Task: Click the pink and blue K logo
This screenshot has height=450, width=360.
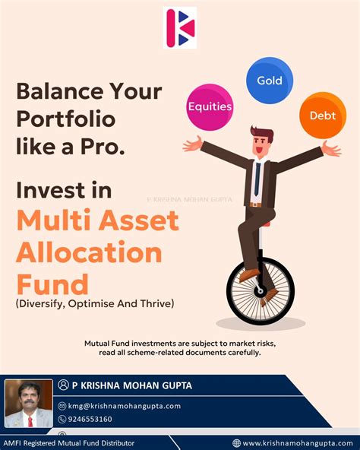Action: pyautogui.click(x=179, y=27)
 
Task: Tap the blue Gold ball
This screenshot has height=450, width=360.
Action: pyautogui.click(x=269, y=80)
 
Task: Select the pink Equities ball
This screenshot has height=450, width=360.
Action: pyautogui.click(x=210, y=106)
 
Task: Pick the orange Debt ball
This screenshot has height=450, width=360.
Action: pyautogui.click(x=322, y=116)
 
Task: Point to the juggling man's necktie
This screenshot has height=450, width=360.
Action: pyautogui.click(x=257, y=179)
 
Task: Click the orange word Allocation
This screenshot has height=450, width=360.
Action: pyautogui.click(x=89, y=253)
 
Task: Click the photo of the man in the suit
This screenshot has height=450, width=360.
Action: pyautogui.click(x=28, y=403)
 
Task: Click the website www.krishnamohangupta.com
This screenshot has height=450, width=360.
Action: pyautogui.click(x=294, y=442)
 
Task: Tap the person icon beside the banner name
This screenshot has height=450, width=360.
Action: pyautogui.click(x=64, y=386)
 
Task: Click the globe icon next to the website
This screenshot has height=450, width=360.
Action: pyautogui.click(x=236, y=442)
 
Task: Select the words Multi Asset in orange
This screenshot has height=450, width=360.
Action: pyautogui.click(x=97, y=220)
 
